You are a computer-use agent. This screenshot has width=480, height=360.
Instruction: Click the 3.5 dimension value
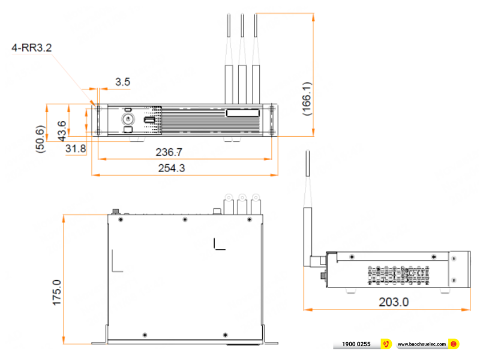click(122, 82)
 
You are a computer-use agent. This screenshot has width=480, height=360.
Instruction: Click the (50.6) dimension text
click(40, 139)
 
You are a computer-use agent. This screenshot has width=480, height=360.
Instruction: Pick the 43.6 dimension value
click(62, 131)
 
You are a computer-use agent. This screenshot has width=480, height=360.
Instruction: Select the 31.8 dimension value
click(76, 148)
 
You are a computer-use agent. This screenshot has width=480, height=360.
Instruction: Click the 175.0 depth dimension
click(57, 292)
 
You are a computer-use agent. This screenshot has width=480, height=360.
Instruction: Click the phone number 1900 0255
click(356, 344)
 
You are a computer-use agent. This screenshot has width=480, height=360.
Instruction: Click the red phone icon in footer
click(387, 344)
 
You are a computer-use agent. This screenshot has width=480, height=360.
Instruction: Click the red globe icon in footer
click(454, 344)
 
